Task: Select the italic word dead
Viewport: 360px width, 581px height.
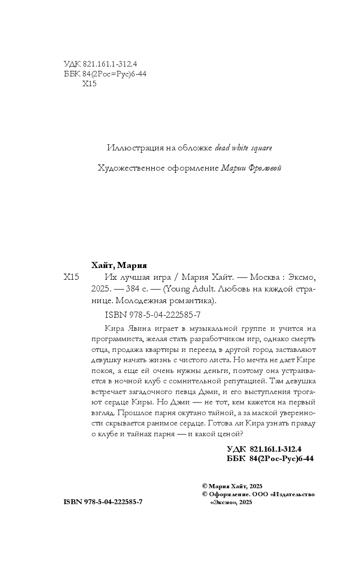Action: pyautogui.click(x=223, y=148)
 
